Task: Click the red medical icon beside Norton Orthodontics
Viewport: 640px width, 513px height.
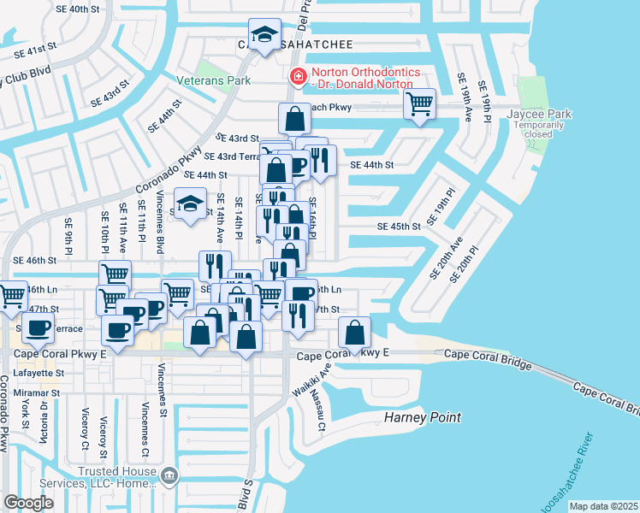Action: (297, 77)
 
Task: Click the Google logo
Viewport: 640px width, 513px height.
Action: (28, 503)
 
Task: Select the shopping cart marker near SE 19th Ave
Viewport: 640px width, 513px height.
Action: (419, 104)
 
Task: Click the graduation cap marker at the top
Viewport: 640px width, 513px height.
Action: (264, 35)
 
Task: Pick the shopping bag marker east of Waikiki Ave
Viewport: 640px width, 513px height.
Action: (354, 333)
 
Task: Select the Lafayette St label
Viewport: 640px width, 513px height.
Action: (36, 374)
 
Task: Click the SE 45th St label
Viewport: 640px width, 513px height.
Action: (400, 227)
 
